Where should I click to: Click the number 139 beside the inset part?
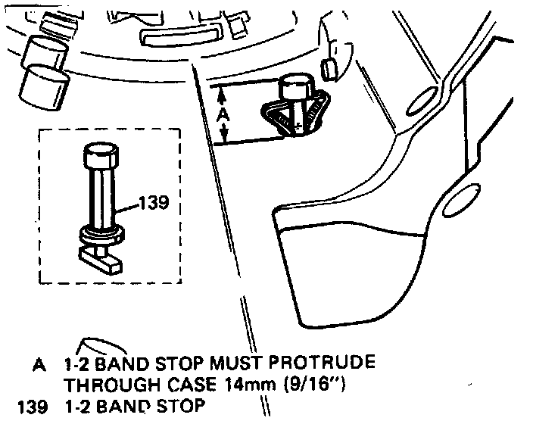(153, 202)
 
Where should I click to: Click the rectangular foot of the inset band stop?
(101, 259)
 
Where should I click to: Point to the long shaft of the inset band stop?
(101, 197)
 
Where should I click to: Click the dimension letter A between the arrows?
(223, 114)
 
